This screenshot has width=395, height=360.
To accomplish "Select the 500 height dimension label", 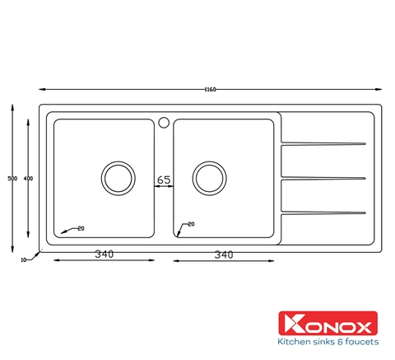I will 11,178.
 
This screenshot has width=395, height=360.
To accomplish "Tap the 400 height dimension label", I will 29,178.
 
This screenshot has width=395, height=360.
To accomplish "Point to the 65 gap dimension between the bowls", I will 164,179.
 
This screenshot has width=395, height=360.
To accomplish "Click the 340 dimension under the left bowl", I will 104,255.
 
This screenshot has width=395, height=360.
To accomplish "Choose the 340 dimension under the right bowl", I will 222,255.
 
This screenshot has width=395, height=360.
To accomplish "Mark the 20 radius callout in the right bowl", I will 191,224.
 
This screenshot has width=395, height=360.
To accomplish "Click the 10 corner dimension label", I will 24,259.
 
